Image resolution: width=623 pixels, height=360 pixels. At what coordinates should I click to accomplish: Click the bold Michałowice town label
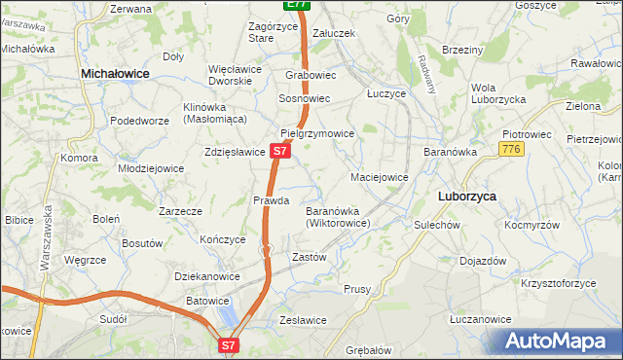[122, 73]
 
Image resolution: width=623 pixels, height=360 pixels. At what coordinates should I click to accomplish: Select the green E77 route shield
[299, 5]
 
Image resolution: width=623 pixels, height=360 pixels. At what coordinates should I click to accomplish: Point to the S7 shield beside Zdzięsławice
[280, 152]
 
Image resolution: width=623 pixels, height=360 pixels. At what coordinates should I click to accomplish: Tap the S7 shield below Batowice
[228, 344]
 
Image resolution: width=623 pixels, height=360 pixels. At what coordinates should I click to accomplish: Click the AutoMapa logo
[558, 342]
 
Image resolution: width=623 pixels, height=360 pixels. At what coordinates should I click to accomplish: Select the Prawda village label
[272, 200]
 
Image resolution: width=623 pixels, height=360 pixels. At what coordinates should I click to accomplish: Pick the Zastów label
[309, 257]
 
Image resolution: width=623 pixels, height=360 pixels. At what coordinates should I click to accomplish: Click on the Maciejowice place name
[379, 177]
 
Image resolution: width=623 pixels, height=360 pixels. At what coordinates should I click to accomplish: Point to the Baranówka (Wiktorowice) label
[338, 217]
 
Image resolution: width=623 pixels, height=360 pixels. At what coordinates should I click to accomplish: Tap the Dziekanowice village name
[207, 276]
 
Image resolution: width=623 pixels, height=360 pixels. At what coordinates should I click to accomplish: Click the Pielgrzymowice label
[317, 134]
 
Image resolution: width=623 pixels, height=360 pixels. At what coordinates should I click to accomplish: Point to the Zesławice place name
[303, 320]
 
